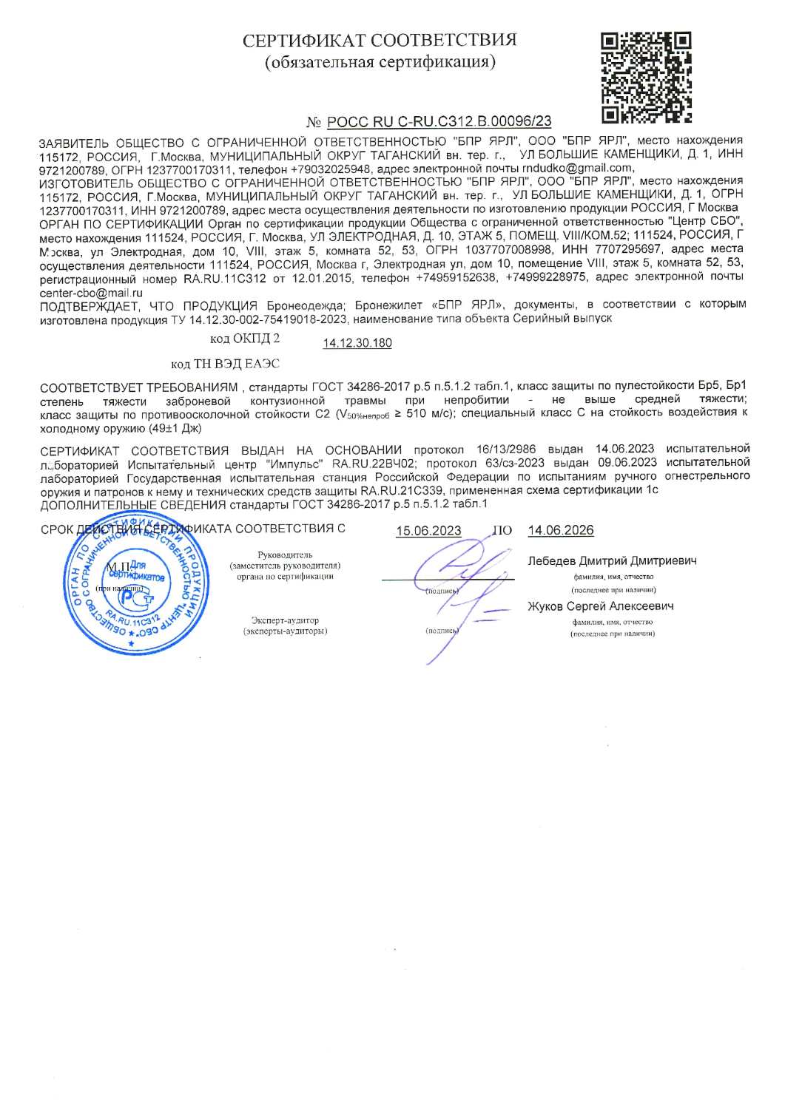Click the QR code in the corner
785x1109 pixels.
[647, 76]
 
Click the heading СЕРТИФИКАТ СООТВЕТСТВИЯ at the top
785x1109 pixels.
[380, 40]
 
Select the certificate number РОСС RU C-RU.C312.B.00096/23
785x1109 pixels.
[439, 122]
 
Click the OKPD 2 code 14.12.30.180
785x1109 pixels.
[357, 343]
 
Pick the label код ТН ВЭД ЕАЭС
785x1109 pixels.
[225, 364]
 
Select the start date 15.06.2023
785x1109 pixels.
[428, 531]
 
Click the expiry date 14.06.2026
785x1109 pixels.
[560, 530]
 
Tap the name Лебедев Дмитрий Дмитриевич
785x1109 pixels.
[612, 561]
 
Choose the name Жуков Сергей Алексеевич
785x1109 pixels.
[601, 606]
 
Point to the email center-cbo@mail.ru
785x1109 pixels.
[90, 293]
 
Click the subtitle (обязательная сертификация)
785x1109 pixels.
[380, 61]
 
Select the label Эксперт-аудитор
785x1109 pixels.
[285, 620]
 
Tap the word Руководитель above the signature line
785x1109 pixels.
[285, 554]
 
